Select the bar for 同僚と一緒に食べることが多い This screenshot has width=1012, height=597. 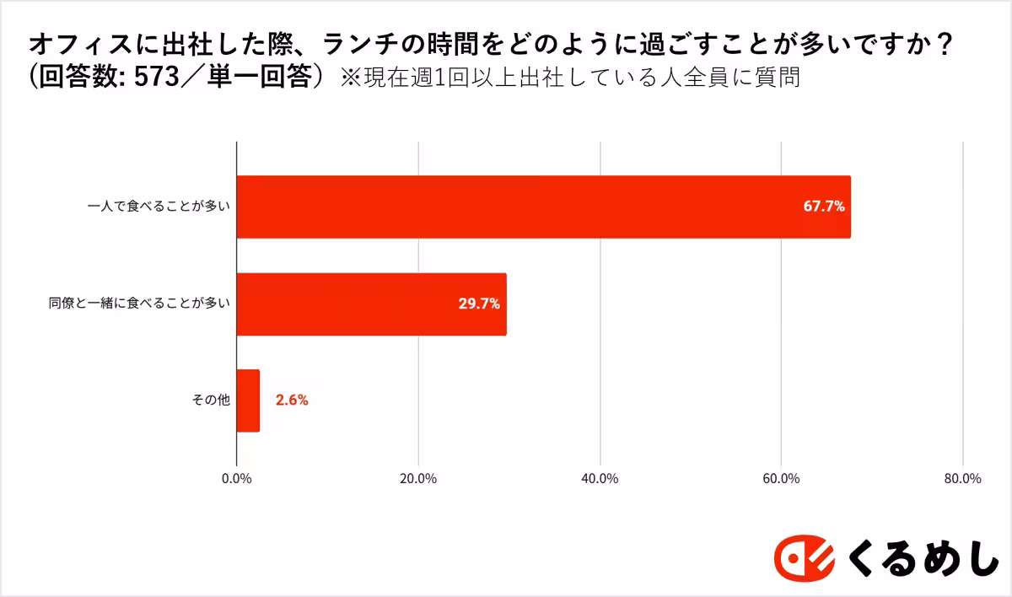point(371,304)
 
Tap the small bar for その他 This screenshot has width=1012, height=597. point(248,401)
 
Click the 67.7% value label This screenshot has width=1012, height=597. point(823,207)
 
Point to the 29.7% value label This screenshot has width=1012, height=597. point(479,304)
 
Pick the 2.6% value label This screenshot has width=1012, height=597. point(292,401)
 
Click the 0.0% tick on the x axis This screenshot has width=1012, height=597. point(236,478)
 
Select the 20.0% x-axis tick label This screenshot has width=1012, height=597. point(418,478)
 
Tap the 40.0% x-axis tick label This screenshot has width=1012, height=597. point(600,478)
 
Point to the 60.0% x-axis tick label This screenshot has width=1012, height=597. point(781,478)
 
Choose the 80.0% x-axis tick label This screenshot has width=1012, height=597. point(962,478)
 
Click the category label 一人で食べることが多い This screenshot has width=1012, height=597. point(159,207)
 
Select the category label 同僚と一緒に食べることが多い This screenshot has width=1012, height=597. point(139,304)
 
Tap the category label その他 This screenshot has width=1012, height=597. point(212,401)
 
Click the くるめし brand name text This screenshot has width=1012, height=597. point(922,557)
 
